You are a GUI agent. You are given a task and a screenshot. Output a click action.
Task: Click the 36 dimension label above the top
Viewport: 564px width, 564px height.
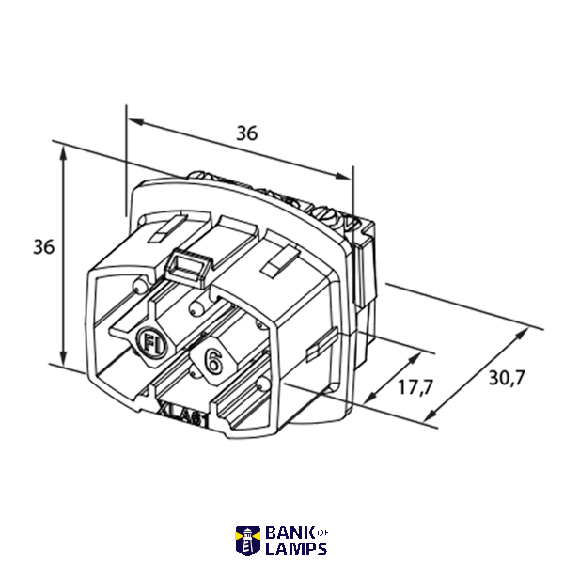coord(246,133)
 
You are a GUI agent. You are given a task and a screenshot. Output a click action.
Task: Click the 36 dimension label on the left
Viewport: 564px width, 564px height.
coord(43,246)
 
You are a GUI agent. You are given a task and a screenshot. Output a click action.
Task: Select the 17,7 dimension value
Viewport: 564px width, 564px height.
coord(415,387)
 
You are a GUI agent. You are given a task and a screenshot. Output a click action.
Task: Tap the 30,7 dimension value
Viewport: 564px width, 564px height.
coord(507,378)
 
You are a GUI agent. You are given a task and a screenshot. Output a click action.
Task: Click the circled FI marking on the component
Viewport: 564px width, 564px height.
coord(151,343)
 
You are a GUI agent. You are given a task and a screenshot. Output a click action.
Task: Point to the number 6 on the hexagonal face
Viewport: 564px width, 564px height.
coord(212,361)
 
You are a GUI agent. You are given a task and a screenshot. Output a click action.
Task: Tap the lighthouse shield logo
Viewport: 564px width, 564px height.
coord(248,540)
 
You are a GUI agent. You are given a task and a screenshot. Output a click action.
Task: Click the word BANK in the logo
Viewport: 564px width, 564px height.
coord(290,533)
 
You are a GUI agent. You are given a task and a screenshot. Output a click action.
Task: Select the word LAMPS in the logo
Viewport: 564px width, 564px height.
coord(296,549)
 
